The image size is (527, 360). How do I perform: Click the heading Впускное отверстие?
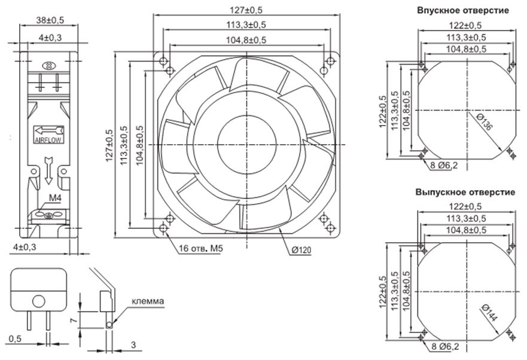(x=463, y=10)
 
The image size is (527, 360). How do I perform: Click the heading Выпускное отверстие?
(x=465, y=193)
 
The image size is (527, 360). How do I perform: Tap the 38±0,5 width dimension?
(x=50, y=20)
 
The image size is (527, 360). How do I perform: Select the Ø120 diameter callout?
(x=301, y=250)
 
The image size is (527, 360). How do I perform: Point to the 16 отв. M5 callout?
(x=200, y=248)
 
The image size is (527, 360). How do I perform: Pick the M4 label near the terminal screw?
(x=55, y=198)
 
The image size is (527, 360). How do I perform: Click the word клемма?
(x=148, y=301)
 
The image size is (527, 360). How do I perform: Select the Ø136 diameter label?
(x=485, y=121)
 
